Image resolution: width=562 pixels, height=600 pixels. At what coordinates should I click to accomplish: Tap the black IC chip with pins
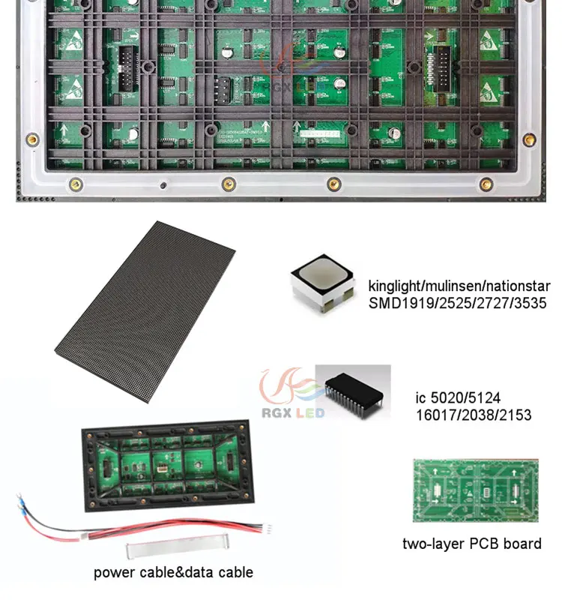[353, 392]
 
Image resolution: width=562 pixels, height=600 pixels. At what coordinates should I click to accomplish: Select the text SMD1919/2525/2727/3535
[458, 304]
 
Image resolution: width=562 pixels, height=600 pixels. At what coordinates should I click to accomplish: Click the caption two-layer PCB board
[471, 544]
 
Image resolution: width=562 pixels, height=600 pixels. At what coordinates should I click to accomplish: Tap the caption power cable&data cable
[173, 572]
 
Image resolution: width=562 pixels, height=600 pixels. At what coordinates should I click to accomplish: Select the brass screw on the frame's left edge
[32, 139]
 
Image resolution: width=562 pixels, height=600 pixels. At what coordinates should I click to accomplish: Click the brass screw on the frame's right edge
[529, 139]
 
